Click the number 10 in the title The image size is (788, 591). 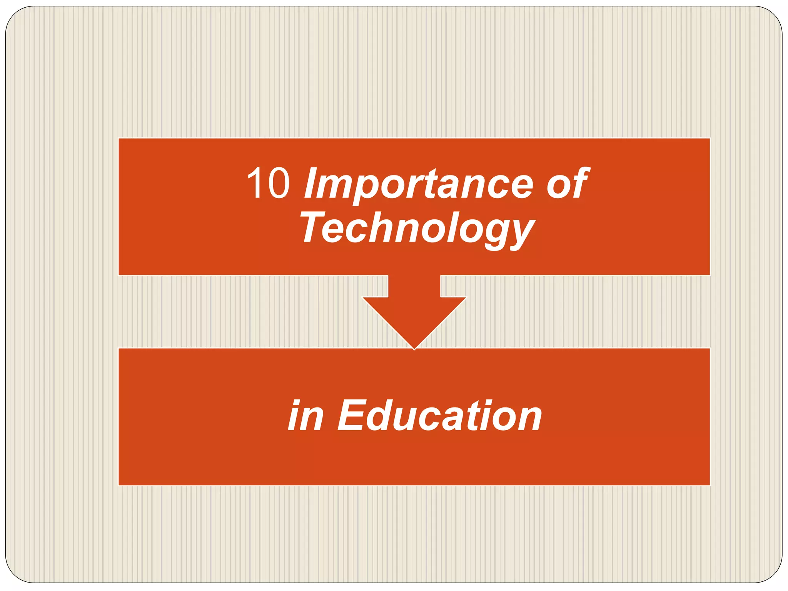pyautogui.click(x=268, y=184)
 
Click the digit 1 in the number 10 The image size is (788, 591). pyautogui.click(x=255, y=184)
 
